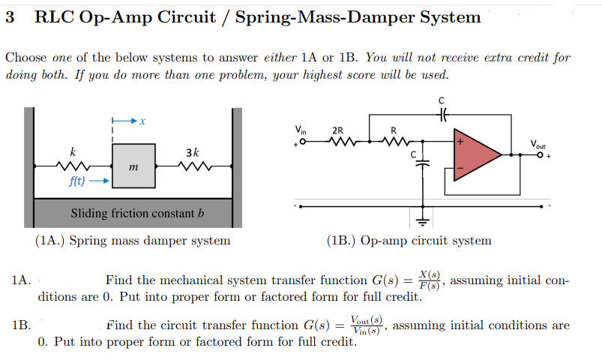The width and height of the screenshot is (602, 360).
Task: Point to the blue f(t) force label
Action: (77, 181)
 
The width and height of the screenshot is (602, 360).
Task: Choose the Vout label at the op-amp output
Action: (538, 143)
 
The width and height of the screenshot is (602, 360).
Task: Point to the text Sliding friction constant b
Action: (137, 213)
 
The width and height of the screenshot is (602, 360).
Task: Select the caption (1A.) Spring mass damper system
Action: (133, 241)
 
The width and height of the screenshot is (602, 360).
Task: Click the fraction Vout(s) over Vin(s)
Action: (364, 325)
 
